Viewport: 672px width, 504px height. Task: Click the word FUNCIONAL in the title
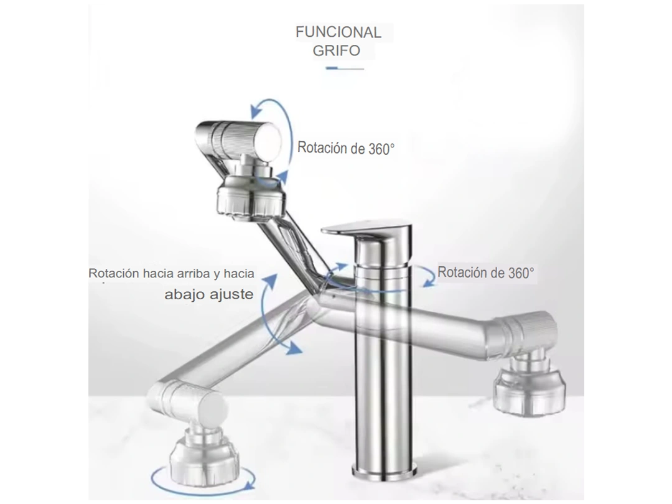[x=338, y=32]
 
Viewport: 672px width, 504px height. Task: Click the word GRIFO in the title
[x=337, y=50]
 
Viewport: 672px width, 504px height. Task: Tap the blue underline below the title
[x=345, y=68]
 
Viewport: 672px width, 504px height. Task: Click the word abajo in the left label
[x=185, y=294]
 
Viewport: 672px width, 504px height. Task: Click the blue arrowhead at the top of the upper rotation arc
[x=257, y=111]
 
